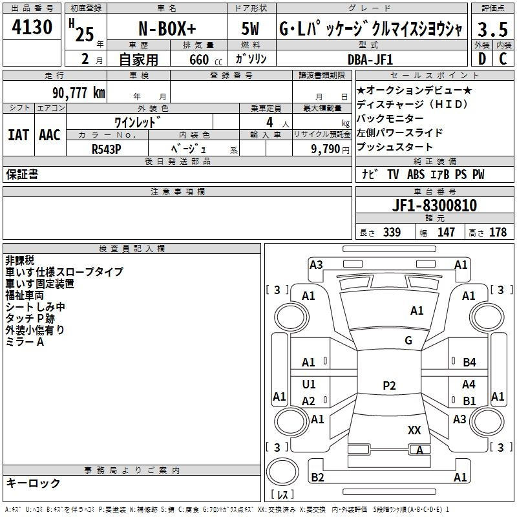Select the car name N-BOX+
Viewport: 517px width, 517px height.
(166, 30)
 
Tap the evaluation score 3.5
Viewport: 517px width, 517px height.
(491, 30)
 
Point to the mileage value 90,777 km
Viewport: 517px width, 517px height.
(78, 92)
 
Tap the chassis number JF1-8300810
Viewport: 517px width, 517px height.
(434, 206)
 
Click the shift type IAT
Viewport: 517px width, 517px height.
(18, 135)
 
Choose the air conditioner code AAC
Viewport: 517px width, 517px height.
(50, 135)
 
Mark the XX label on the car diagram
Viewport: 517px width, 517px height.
(415, 430)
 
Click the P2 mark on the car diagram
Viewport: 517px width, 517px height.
(389, 386)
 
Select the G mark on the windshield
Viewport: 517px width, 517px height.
(408, 341)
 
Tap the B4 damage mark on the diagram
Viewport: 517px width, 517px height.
(469, 363)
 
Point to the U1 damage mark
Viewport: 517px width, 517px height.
(309, 385)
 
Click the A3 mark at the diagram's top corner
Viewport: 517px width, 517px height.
(316, 264)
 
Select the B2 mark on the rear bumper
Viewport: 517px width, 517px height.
(317, 478)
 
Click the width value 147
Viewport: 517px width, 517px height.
(446, 233)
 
